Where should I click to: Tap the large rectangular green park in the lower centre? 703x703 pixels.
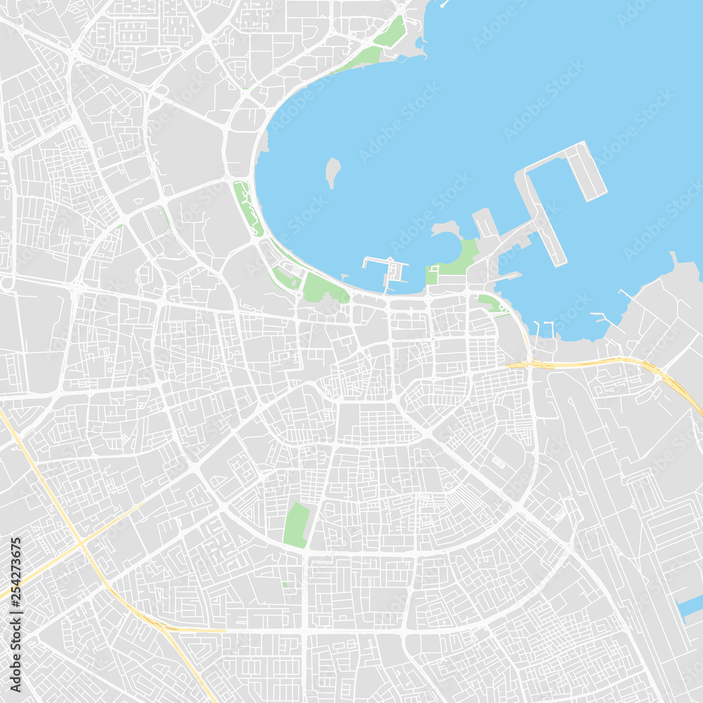coord(297,524)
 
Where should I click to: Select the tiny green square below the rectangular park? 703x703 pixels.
coord(284,584)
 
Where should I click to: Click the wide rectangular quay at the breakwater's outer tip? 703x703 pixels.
coord(586,171)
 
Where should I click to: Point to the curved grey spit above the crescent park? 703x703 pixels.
coord(446,228)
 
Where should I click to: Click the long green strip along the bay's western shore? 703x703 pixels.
coord(247,207)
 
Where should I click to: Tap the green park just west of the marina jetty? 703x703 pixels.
coord(325,288)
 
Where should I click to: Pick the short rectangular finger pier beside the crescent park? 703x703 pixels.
coord(486,223)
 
